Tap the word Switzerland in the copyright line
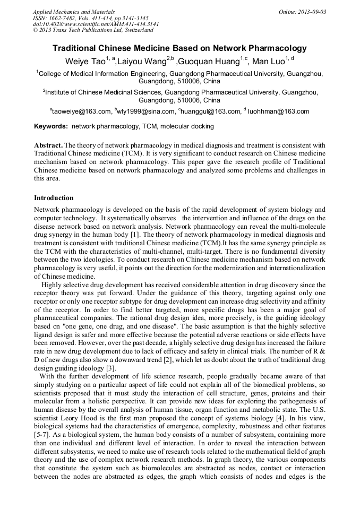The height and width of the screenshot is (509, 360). (x=138, y=30)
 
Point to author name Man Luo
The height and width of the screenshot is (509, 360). (x=268, y=62)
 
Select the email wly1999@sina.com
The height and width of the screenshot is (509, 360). (x=147, y=111)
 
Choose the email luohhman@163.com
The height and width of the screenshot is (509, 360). (x=279, y=111)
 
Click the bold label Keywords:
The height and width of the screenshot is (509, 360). (x=51, y=126)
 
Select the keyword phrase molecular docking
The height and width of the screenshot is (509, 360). (x=180, y=126)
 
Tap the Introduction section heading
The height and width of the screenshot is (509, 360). (x=54, y=198)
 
